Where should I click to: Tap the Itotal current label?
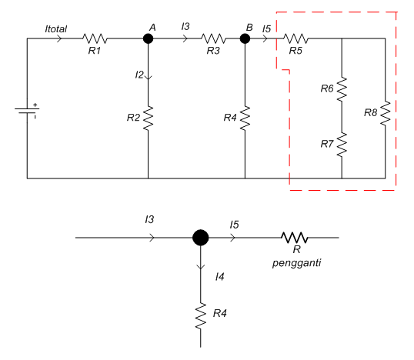pyautogui.click(x=55, y=28)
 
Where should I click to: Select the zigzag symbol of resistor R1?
pyautogui.click(x=96, y=38)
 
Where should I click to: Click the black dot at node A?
pyautogui.click(x=148, y=38)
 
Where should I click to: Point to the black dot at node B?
pyautogui.click(x=245, y=38)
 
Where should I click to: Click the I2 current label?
pyautogui.click(x=139, y=75)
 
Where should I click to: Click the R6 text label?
pyautogui.click(x=327, y=89)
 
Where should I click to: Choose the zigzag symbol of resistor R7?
pyautogui.click(x=342, y=144)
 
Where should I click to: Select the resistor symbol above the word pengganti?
pyautogui.click(x=294, y=238)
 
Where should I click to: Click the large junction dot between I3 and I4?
pyautogui.click(x=200, y=238)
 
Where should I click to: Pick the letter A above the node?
pyautogui.click(x=152, y=27)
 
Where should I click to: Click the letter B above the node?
pyautogui.click(x=249, y=27)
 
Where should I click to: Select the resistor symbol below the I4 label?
pyautogui.click(x=200, y=315)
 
